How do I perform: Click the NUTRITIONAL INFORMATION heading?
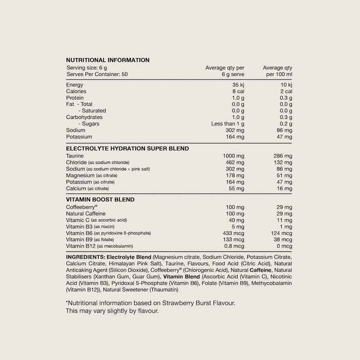(107, 60)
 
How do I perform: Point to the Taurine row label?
(75, 156)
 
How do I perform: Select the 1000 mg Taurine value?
(232, 156)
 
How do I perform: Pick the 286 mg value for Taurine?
(282, 156)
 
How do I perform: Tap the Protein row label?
(75, 98)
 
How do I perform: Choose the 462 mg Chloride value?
(234, 163)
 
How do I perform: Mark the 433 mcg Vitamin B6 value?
(233, 233)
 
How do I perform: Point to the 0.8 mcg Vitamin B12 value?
(234, 246)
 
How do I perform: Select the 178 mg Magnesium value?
(234, 175)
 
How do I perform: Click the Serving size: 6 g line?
(87, 68)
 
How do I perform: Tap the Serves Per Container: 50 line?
(98, 74)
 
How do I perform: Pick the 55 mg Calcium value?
(236, 189)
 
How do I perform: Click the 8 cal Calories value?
(238, 91)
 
